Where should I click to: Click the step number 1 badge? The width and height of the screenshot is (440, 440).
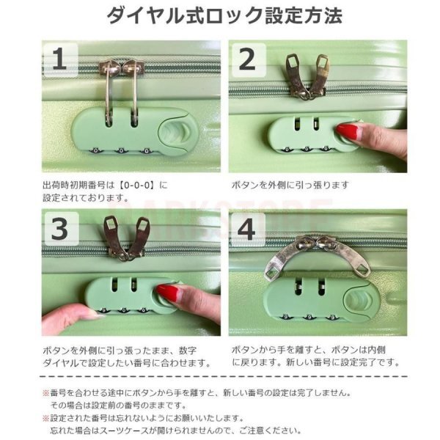[60, 60]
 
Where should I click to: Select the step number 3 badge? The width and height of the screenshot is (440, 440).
[60, 229]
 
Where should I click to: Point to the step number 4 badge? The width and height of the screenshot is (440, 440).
[247, 229]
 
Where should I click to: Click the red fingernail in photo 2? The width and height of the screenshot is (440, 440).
[347, 131]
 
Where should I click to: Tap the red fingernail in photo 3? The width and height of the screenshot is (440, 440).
[167, 293]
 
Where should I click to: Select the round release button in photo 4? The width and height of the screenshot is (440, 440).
[360, 301]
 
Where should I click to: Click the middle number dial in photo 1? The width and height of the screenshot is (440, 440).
[121, 151]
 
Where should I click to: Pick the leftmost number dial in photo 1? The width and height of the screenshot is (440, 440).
[95, 150]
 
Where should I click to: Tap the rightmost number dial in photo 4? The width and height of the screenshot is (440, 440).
[332, 318]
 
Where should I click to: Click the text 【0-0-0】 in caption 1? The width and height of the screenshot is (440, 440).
[136, 186]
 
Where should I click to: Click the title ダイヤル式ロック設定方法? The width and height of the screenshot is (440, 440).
[224, 15]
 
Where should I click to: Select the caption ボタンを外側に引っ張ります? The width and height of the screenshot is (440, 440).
[290, 186]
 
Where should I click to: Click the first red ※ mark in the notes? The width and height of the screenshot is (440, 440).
[45, 392]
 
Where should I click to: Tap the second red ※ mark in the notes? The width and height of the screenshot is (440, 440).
[45, 419]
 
